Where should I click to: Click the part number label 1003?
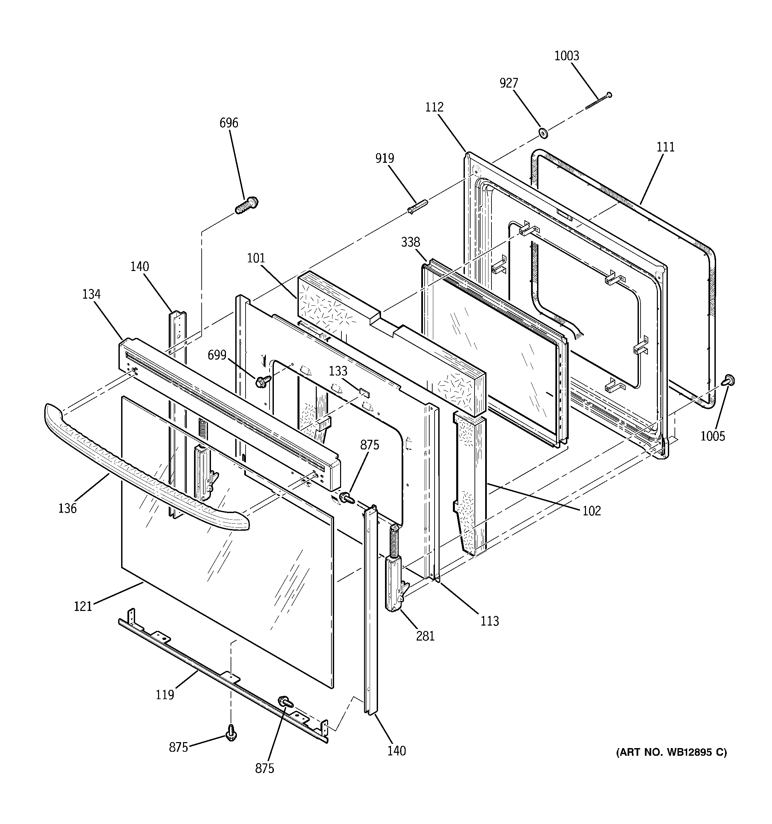[x=566, y=56]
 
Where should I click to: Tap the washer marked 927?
[x=542, y=133]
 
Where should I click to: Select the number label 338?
[x=410, y=242]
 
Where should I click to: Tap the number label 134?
[x=91, y=294]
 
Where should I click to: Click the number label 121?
[x=83, y=606]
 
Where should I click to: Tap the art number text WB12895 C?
[x=671, y=752]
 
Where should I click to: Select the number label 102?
[x=591, y=511]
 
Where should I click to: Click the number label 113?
[x=489, y=621]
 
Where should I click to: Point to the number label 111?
[x=665, y=147]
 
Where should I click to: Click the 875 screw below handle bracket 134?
[x=347, y=497]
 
